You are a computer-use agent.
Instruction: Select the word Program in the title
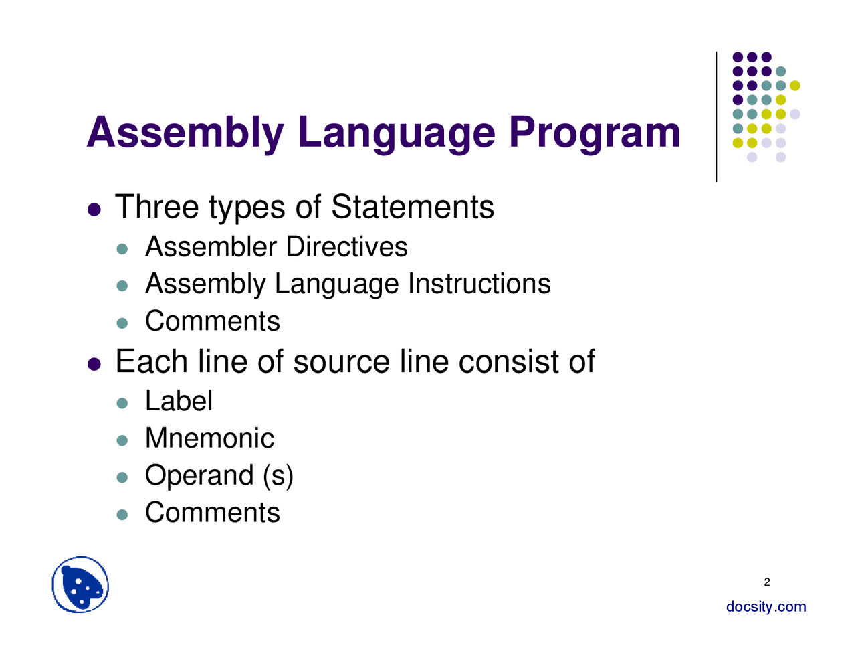[x=594, y=133]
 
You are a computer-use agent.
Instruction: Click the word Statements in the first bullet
[x=413, y=207]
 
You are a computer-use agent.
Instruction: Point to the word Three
[x=157, y=207]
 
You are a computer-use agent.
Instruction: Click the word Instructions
[x=479, y=284]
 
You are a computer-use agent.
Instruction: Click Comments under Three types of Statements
[x=212, y=321]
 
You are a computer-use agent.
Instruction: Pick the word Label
[x=179, y=402]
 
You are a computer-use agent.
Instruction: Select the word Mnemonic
[x=209, y=438]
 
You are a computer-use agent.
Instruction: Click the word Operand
[x=199, y=476]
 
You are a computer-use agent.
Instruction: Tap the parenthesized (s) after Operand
[x=278, y=476]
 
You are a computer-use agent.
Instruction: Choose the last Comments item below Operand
[x=212, y=513]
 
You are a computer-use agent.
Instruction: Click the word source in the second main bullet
[x=341, y=362]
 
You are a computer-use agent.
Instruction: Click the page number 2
[x=766, y=582]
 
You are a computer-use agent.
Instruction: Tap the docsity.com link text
[x=766, y=607]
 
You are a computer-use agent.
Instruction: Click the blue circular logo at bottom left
[x=80, y=585]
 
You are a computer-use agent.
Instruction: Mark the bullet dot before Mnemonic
[x=122, y=440]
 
